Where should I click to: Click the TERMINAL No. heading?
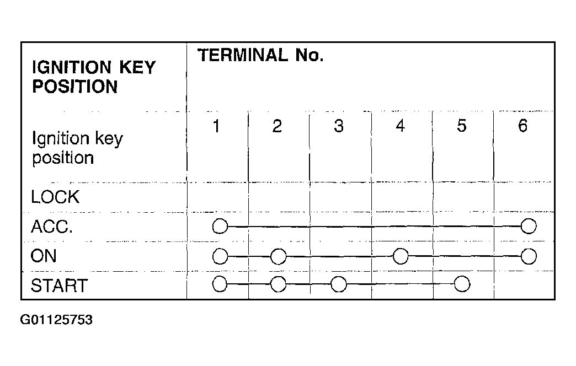coord(260,56)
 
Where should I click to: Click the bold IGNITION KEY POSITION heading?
coord(94,77)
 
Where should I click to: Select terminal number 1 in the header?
coord(216,126)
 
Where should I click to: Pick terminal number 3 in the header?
coord(339,126)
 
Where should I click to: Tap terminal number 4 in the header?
coord(400,126)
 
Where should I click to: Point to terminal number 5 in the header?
coord(462,126)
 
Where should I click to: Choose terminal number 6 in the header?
coord(522,126)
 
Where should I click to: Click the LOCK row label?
coord(55,197)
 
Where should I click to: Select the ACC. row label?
coord(52,227)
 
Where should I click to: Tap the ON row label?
coord(44,256)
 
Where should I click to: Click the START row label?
coord(59,286)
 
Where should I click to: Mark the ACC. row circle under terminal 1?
coord(220,226)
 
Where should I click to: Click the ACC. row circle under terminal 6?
coord(529,226)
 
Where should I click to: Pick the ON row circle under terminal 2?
coord(278,256)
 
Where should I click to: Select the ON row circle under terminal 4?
coord(401,256)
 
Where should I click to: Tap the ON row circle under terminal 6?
coord(529,256)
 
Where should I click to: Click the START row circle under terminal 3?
coord(339,284)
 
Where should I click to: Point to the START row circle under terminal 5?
coord(462,284)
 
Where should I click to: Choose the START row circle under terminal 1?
coord(220,284)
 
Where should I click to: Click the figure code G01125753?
coord(56,320)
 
